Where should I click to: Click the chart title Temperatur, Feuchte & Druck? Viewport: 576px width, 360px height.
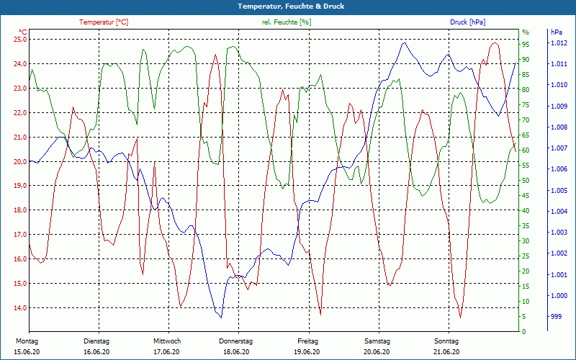point(288,6)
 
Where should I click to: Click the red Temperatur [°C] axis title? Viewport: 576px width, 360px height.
point(104,22)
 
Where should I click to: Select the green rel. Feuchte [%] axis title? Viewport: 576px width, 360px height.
point(287,22)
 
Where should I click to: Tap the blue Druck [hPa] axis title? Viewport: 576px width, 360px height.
point(469,22)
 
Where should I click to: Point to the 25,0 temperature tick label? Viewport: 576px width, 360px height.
point(19,40)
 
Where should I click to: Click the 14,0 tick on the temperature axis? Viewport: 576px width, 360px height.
point(19,307)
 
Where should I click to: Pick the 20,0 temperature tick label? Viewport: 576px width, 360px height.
point(19,161)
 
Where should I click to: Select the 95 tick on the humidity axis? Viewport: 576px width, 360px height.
point(526,44)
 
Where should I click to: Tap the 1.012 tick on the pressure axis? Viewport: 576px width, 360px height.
point(559,44)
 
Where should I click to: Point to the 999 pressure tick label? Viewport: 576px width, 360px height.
point(556,316)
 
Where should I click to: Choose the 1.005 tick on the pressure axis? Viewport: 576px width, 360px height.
point(559,191)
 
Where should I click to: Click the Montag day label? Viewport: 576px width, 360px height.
point(26,341)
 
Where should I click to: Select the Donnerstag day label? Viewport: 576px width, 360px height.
point(236,341)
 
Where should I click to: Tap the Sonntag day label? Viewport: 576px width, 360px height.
point(446,341)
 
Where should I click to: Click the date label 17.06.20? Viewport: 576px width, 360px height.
point(166,352)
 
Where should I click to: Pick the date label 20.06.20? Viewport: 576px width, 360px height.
point(377,352)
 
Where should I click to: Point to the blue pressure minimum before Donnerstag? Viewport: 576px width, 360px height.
point(221,317)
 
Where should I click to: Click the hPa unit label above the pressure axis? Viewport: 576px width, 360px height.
point(556,32)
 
